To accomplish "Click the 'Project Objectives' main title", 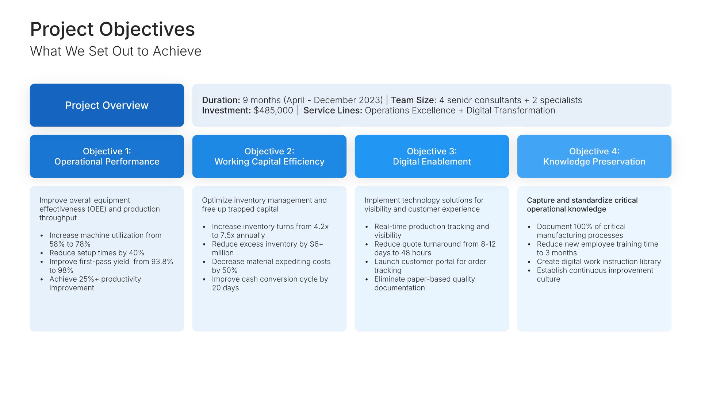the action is click(x=112, y=29).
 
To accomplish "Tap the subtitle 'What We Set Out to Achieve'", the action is click(x=116, y=51).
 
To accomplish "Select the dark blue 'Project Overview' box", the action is click(x=107, y=105).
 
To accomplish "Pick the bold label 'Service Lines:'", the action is click(x=333, y=111).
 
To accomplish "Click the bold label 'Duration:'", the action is click(x=221, y=100).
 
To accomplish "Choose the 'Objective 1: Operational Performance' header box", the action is click(x=107, y=157).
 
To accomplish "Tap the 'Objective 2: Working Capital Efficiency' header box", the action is click(x=269, y=157).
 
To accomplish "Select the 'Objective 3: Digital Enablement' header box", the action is click(x=432, y=157).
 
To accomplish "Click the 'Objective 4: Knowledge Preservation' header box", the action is click(x=594, y=157).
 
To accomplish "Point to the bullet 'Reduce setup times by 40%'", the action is click(x=97, y=253).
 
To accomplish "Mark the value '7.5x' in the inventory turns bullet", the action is click(x=228, y=235).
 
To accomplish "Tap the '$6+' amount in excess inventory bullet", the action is click(x=317, y=244).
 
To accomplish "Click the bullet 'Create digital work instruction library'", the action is click(x=599, y=262).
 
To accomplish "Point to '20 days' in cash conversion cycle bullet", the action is click(x=225, y=288).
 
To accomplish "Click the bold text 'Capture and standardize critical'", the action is click(x=582, y=200).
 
